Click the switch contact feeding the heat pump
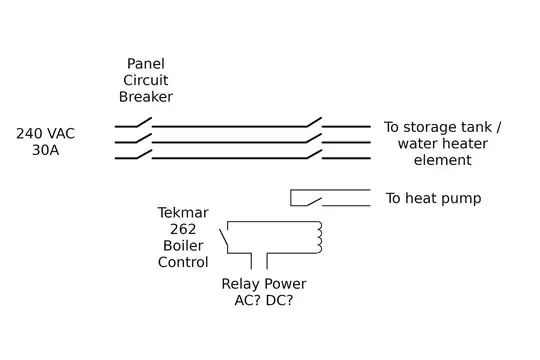click(312, 202)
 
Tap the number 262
click(183, 230)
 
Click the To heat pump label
click(433, 199)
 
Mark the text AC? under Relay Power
click(240, 301)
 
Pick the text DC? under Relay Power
click(285, 301)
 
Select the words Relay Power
click(263, 284)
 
